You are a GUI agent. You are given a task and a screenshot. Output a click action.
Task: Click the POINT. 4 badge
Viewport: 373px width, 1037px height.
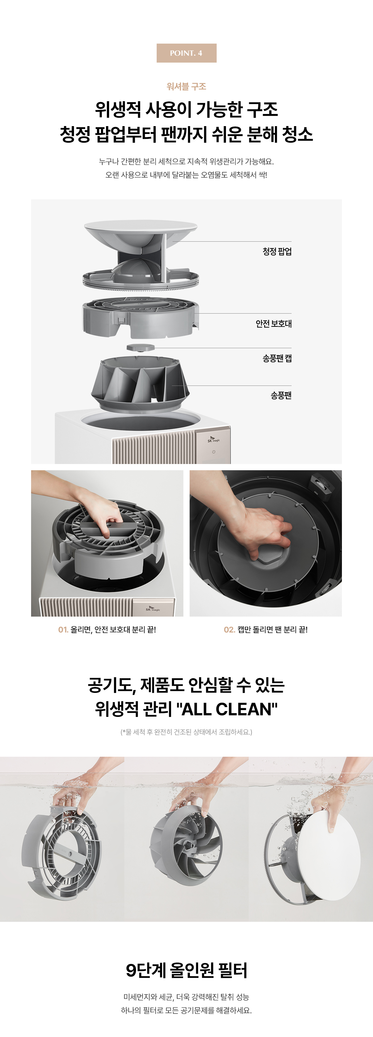tap(186, 53)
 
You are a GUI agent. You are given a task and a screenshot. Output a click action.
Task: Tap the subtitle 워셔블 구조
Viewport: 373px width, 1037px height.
tap(186, 87)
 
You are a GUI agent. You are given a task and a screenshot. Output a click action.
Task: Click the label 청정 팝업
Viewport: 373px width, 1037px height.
tap(277, 252)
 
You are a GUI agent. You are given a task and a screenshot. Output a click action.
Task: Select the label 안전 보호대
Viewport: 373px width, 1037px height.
tap(274, 324)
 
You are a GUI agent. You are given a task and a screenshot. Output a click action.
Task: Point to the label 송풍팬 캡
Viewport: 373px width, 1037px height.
tap(277, 358)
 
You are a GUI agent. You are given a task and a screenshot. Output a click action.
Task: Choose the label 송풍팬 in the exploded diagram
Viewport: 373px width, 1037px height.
tap(281, 395)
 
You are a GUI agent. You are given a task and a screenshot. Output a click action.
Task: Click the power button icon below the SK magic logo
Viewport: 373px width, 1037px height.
tap(214, 452)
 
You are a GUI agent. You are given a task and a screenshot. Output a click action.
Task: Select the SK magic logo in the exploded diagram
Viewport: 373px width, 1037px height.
tap(214, 440)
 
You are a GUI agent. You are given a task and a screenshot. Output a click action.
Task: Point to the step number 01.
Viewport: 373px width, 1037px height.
tap(63, 630)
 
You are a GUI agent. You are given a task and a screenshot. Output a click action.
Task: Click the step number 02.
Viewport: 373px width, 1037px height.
tap(229, 630)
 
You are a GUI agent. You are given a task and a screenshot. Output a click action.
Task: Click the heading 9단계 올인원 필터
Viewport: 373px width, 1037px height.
tap(186, 970)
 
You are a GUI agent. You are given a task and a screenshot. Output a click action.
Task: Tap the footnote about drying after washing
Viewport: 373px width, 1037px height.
tap(186, 732)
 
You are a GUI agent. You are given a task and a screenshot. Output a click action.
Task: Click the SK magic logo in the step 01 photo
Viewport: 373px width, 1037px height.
tap(153, 609)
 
